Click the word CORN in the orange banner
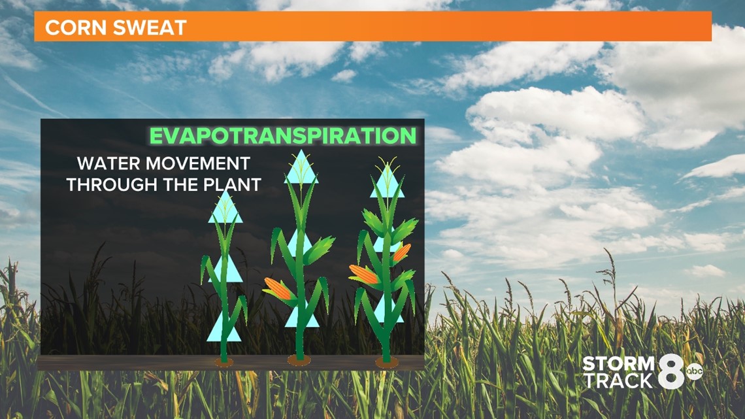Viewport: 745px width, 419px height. click(x=76, y=27)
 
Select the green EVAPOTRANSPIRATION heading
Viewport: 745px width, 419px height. click(x=283, y=136)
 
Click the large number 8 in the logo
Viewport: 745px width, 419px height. click(x=671, y=372)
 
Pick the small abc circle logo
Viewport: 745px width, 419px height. click(x=694, y=371)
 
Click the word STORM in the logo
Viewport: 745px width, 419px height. click(x=618, y=364)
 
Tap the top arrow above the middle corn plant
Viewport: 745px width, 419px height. click(x=301, y=167)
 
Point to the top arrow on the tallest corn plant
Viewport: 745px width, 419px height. click(x=388, y=181)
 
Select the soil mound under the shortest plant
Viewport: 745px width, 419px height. click(x=223, y=363)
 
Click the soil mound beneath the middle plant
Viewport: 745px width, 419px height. click(x=299, y=360)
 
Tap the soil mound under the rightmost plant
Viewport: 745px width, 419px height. click(x=387, y=363)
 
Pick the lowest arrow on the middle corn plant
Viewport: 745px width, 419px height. click(x=302, y=316)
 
